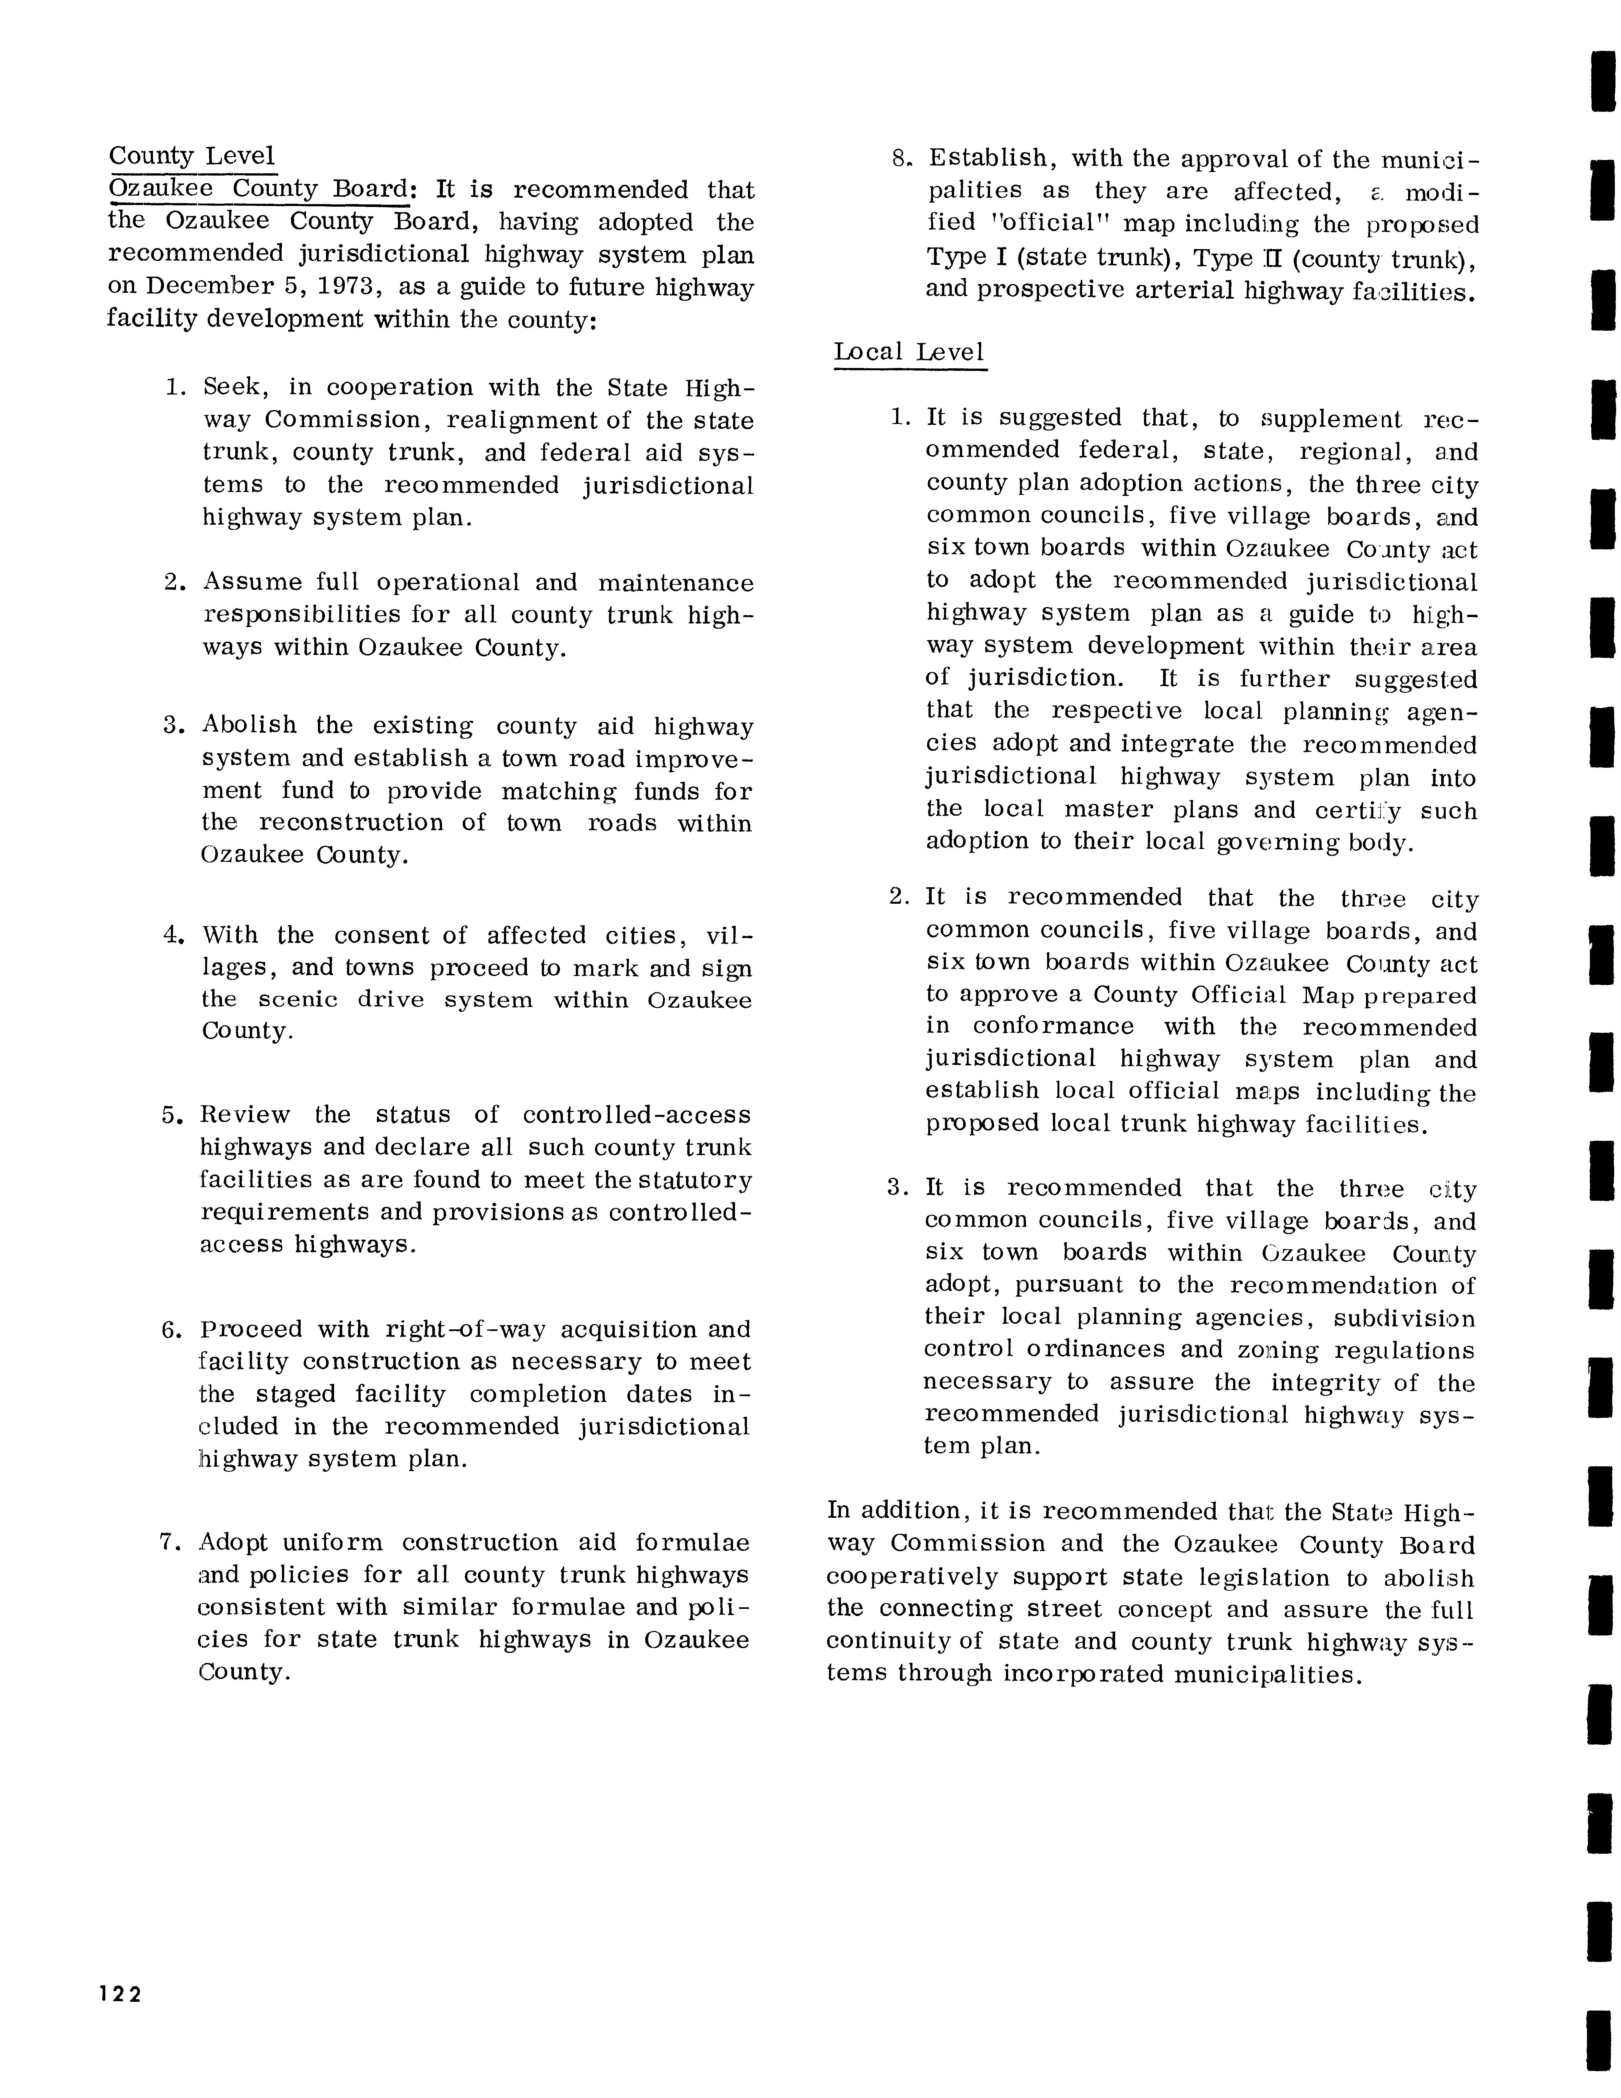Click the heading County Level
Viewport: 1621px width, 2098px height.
click(191, 155)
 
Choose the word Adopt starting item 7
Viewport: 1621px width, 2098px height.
click(233, 1543)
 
